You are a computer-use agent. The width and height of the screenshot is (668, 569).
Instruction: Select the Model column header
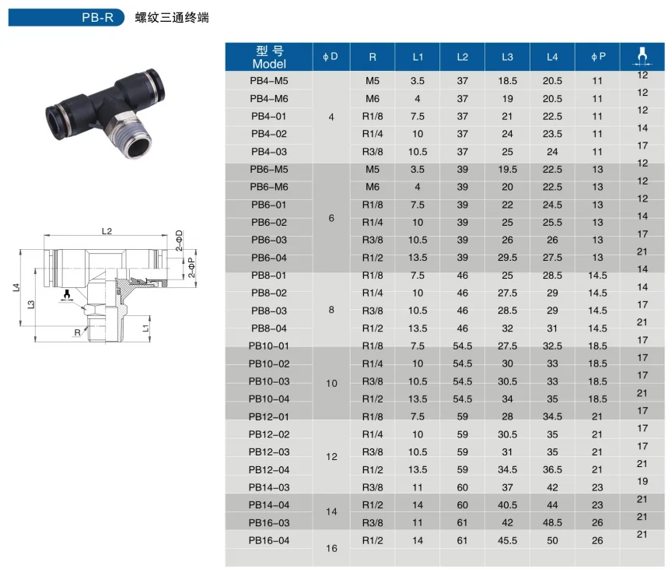[x=269, y=57]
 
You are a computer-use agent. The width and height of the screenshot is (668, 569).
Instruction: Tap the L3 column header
[x=507, y=57]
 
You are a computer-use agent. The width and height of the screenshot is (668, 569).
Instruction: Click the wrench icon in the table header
[x=642, y=54]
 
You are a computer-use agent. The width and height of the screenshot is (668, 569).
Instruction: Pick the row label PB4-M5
[x=269, y=81]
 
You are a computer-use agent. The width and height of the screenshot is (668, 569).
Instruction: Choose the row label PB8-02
[x=269, y=293]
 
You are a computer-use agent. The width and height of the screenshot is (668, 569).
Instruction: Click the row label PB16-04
[x=269, y=540]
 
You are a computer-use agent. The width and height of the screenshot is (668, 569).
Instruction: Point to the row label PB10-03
[x=269, y=381]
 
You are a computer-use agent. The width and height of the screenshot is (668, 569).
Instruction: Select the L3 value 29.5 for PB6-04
[x=507, y=258]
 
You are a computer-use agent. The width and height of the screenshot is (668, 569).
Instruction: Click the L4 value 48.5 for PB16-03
[x=552, y=523]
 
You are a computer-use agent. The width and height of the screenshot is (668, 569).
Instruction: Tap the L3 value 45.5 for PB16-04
[x=507, y=540]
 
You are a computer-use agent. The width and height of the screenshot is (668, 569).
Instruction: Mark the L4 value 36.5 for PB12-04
[x=552, y=469]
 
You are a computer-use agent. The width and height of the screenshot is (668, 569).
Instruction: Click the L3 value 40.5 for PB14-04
[x=507, y=505]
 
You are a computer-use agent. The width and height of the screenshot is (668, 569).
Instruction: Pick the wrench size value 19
[x=642, y=482]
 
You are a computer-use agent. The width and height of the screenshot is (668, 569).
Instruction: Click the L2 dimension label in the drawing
[x=107, y=231]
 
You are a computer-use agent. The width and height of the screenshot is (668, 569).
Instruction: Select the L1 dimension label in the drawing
[x=146, y=329]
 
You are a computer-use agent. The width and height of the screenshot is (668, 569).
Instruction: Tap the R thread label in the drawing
[x=77, y=332]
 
